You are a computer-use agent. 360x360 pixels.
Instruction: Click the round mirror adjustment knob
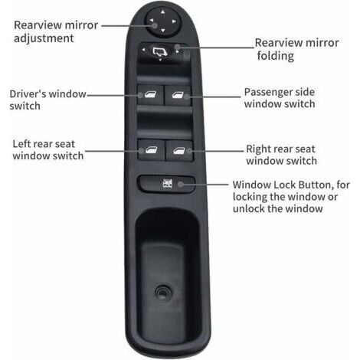coord(163,21)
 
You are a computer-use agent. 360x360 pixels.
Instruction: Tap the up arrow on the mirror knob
coord(163,11)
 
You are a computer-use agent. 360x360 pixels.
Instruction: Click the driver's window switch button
coord(150,95)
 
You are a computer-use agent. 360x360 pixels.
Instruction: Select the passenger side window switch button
coord(178,95)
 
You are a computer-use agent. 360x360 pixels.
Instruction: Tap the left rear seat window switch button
coord(151,150)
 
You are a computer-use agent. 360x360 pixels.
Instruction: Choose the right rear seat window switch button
coord(179,150)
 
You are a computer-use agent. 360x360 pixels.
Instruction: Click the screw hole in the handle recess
coord(162,293)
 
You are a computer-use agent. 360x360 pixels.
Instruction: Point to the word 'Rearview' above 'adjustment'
coord(35,25)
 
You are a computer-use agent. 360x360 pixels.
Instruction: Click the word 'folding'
coord(276,56)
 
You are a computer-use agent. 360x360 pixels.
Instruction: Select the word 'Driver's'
coord(28,93)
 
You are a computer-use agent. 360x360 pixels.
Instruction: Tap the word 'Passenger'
coord(267,93)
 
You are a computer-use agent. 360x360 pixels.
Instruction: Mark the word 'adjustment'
coord(44,38)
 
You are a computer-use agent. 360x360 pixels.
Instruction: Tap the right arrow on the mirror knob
coord(174,21)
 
